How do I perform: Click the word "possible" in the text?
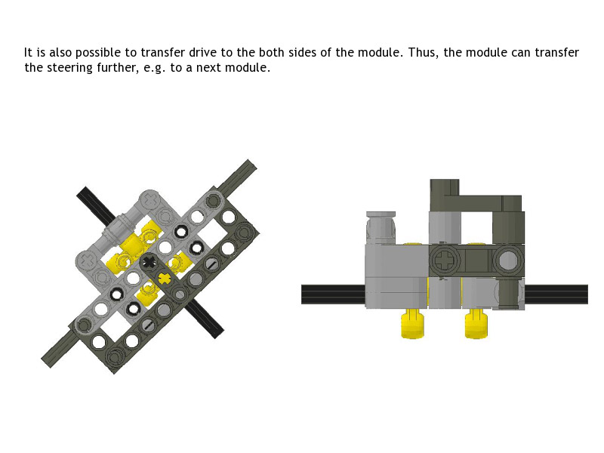[98, 53]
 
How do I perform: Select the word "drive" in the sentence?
[203, 52]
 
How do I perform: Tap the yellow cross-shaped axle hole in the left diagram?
[164, 277]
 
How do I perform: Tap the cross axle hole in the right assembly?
[445, 260]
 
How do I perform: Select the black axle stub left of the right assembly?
[333, 294]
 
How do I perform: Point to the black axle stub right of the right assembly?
[556, 294]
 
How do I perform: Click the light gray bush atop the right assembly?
[381, 228]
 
